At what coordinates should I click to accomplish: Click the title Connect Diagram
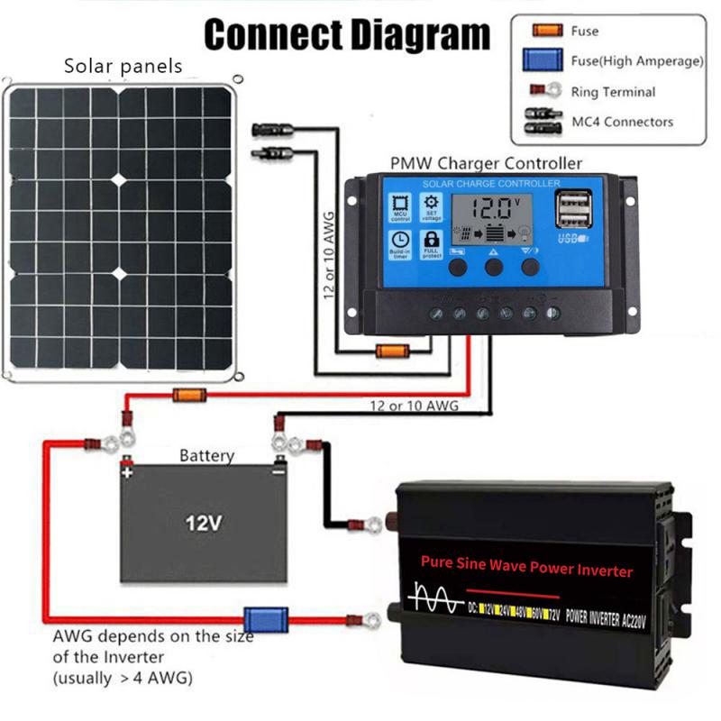tap(347, 36)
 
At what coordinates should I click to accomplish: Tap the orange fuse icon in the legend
tap(543, 32)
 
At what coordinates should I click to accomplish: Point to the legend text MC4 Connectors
tap(622, 121)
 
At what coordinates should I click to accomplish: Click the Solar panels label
tap(123, 66)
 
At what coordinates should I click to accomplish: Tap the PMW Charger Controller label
tap(486, 163)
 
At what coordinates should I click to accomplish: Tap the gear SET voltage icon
tap(431, 206)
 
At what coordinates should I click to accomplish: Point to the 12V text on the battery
tap(204, 522)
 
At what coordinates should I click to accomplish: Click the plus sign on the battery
tap(127, 471)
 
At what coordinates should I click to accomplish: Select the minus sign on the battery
tap(279, 471)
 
